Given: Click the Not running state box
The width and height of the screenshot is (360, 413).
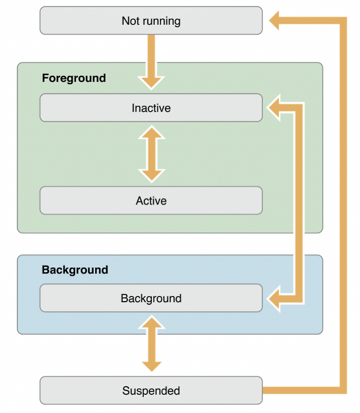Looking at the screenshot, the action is coord(151,21).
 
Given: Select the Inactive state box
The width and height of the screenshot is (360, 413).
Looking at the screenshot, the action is coord(151,108).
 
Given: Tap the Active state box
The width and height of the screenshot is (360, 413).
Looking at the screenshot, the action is coord(151,201).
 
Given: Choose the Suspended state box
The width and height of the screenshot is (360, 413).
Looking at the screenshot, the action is coord(151,390).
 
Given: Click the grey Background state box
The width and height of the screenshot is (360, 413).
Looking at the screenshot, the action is coord(151,298).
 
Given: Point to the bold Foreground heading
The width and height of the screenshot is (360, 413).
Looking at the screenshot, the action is coord(74,78).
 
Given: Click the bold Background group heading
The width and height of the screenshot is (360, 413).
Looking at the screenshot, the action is coord(75,270).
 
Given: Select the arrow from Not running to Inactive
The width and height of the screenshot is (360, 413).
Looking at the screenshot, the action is coord(151,62).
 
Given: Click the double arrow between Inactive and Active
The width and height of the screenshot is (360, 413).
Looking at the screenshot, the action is coord(152,154).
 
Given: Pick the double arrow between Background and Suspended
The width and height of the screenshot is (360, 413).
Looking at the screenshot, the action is coord(152,343).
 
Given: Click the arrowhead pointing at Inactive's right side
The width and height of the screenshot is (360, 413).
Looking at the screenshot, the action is coord(273,108).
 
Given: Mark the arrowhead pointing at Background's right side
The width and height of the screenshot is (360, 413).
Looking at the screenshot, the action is coord(273,299).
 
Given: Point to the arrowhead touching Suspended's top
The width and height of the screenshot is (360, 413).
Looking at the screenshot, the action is coord(152,366).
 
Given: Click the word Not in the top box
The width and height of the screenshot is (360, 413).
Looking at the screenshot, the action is coord(130,21).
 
